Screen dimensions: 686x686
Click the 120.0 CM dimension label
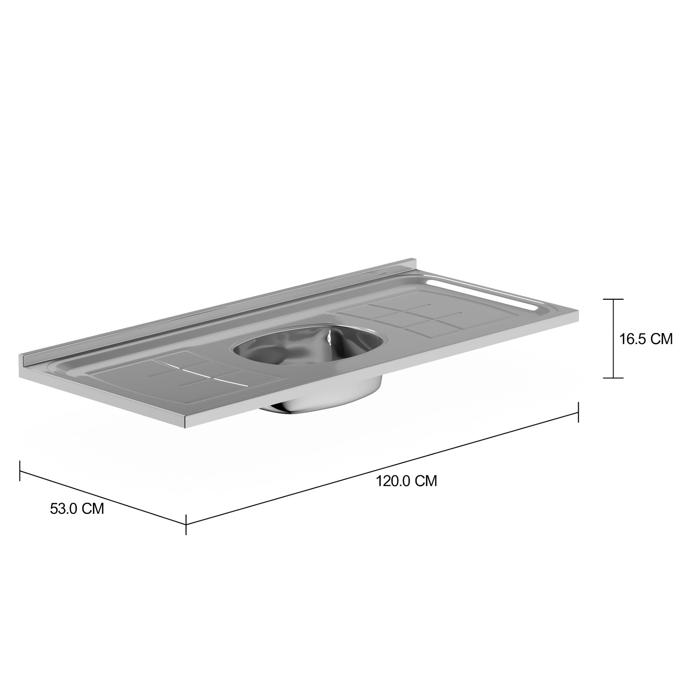pyautogui.click(x=406, y=481)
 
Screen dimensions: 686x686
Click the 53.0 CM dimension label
pyautogui.click(x=77, y=509)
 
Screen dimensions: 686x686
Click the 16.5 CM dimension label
pyautogui.click(x=646, y=339)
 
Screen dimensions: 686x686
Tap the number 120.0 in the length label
pyautogui.click(x=393, y=481)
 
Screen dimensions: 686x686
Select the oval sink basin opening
pyautogui.click(x=309, y=345)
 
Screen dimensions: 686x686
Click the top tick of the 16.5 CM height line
pyautogui.click(x=613, y=299)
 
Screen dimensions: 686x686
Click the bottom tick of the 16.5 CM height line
pyautogui.click(x=613, y=378)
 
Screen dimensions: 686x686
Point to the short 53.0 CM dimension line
pyautogui.click(x=104, y=498)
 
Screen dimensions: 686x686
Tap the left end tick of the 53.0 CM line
pyautogui.click(x=20, y=471)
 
